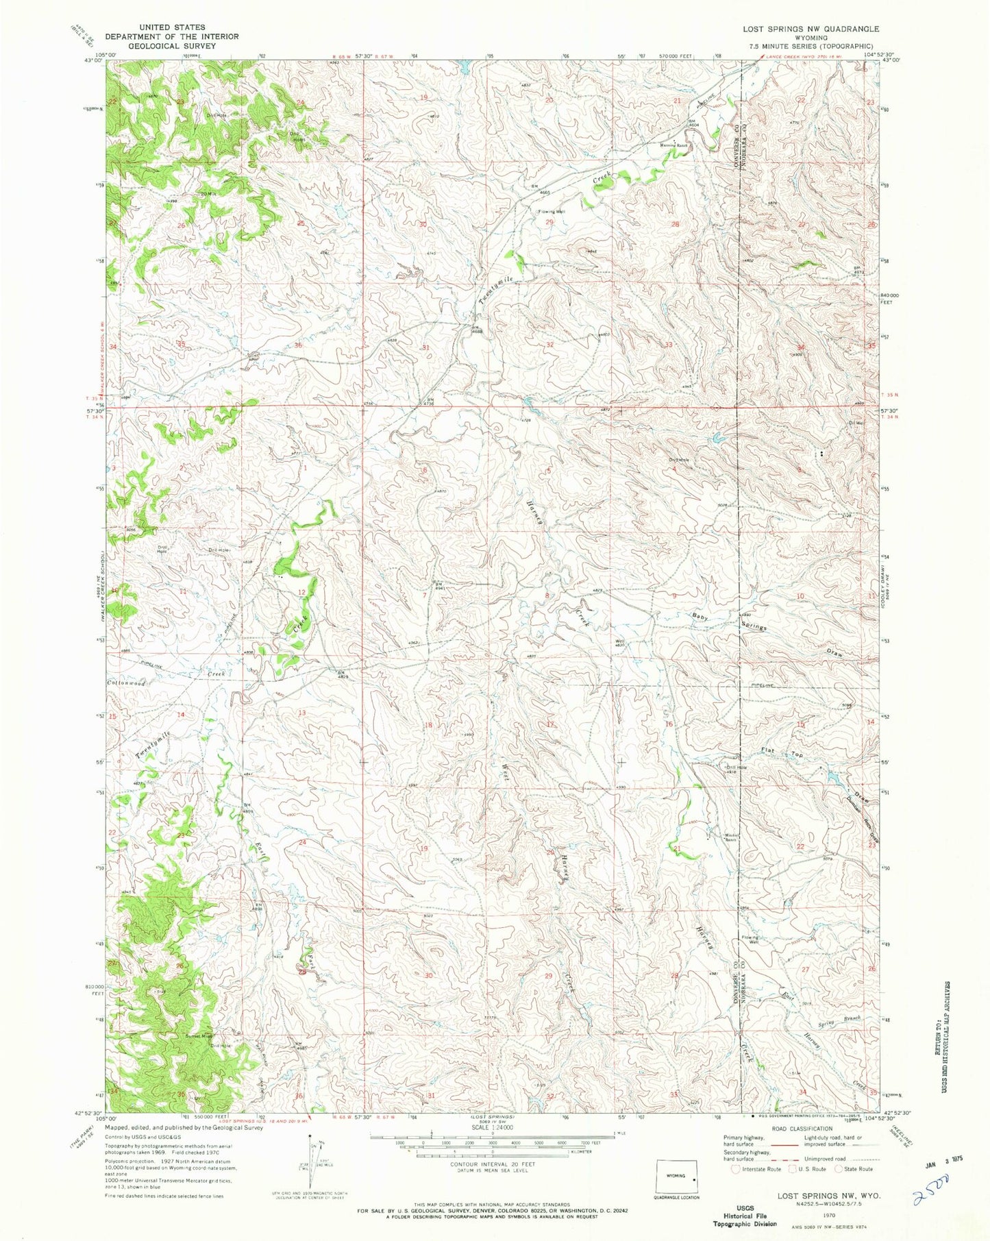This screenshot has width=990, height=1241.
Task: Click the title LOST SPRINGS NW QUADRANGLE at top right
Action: pyautogui.click(x=810, y=29)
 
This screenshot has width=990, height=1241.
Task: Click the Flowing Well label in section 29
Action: pyautogui.click(x=551, y=212)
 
